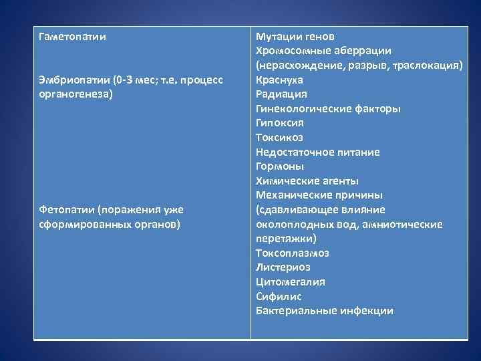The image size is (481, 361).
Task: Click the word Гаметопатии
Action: click(x=72, y=36)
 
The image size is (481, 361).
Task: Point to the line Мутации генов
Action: click(x=295, y=36)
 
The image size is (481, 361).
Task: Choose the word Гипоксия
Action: click(x=280, y=123)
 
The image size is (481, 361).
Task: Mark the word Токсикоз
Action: click(x=279, y=138)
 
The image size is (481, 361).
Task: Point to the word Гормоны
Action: click(x=280, y=166)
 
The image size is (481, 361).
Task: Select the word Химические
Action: click(x=287, y=181)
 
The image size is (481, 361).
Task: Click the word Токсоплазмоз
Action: click(x=293, y=253)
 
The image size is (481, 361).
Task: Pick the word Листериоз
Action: click(x=283, y=267)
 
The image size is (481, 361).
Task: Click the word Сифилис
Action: click(x=279, y=296)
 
